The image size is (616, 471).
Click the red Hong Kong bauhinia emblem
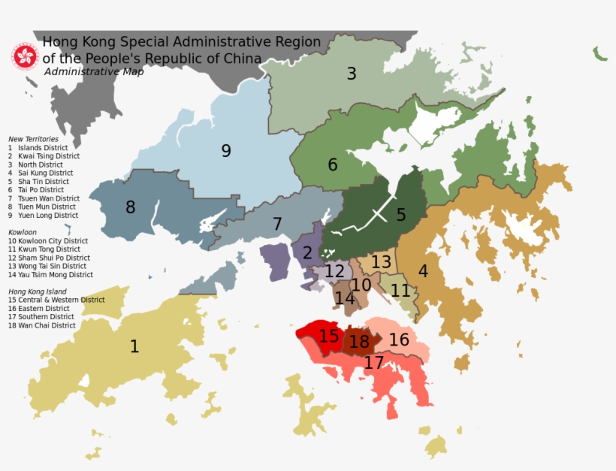point(25,56)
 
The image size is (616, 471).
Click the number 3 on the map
point(351,74)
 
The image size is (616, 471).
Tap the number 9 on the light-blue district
point(226,151)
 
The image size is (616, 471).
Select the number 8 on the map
point(131,207)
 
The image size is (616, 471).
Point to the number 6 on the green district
point(332,165)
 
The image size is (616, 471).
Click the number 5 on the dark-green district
point(401,216)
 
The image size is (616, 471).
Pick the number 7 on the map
point(277,224)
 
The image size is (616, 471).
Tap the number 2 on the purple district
point(307,253)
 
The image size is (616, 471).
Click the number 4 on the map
point(423,271)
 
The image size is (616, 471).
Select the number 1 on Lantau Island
point(134,346)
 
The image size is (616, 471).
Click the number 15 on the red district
point(329,336)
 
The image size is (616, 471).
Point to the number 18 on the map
point(360,343)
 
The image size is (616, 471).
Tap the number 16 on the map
point(399,340)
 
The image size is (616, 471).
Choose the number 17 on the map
point(373,363)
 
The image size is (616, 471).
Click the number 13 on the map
point(381,262)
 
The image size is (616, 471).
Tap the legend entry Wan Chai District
point(42,325)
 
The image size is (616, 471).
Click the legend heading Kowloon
point(23,232)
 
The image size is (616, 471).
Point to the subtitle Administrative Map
point(94,72)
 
